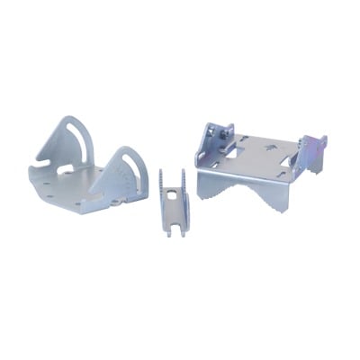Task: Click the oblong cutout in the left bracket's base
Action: pyautogui.click(x=66, y=168)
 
